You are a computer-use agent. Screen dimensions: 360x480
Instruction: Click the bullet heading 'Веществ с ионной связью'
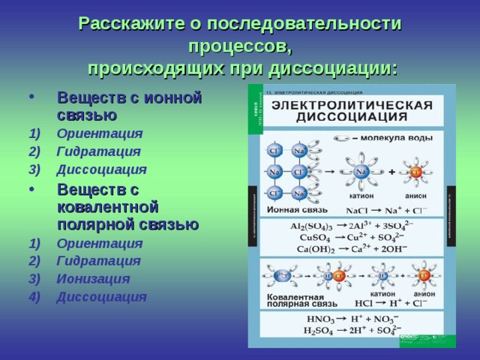pos(129,106)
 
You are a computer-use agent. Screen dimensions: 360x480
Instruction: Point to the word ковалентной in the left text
pos(107,207)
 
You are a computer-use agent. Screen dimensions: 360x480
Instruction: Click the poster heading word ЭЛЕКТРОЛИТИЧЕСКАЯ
pos(351,104)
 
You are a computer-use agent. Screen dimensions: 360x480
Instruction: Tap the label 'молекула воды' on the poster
pos(394,138)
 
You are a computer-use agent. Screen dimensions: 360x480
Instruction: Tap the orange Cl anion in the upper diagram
pos(416,172)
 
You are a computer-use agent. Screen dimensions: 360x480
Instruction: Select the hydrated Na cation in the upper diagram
pos(361,172)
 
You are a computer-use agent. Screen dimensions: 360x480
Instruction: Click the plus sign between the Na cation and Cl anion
pos(391,172)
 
